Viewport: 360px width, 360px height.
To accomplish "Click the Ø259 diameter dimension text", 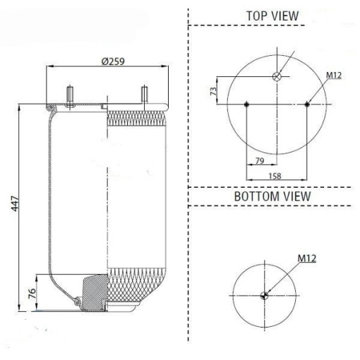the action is tap(113, 61).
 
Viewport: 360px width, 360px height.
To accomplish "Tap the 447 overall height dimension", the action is tap(15, 203).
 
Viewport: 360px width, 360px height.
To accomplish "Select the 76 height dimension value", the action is tap(32, 293).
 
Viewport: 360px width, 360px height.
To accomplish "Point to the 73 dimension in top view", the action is tap(213, 91).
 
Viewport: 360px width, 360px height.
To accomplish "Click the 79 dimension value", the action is tap(260, 161).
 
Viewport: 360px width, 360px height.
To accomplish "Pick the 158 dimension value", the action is tap(275, 176).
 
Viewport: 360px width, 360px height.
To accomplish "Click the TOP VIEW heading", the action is tap(272, 16).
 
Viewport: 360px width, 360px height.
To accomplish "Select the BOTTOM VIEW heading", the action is tap(272, 196).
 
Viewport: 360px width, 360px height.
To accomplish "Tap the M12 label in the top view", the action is tap(334, 76).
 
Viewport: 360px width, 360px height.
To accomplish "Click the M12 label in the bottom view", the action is tap(307, 258).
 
